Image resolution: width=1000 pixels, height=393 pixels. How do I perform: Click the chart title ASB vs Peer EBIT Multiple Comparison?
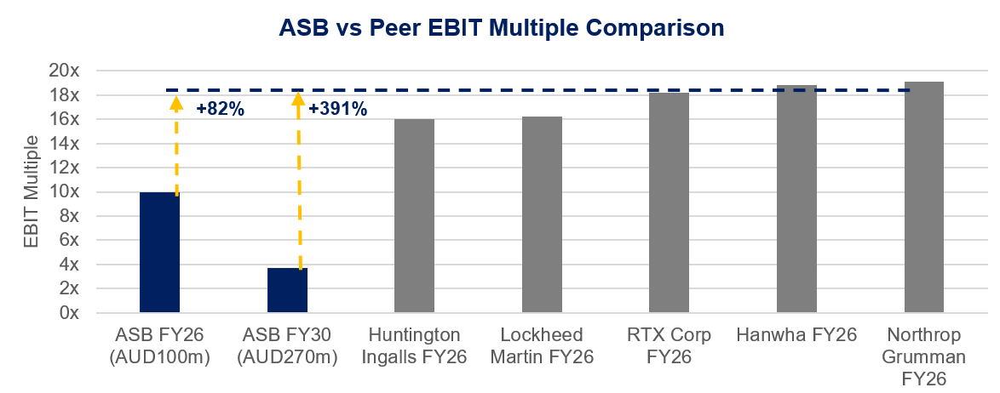502,29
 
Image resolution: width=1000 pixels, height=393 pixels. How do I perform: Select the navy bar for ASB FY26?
159,253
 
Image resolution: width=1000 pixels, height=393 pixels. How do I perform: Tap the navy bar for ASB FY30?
287,290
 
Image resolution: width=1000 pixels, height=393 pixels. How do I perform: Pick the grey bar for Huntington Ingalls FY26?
414,216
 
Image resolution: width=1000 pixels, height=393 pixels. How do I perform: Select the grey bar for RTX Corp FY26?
669,202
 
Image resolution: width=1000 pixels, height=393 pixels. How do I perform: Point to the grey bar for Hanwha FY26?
796,199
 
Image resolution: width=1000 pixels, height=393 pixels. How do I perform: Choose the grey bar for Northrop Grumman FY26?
924,197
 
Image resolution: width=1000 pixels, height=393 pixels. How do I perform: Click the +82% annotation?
220,109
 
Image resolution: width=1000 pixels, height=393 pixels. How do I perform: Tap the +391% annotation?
337,109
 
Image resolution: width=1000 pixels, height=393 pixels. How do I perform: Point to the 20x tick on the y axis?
65,71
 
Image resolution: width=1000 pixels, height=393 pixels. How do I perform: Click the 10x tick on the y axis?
65,192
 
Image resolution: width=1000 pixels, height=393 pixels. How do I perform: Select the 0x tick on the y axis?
69,313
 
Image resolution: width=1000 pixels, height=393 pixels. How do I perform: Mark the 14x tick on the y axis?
65,144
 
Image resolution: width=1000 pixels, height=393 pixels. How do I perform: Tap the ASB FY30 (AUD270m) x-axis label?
287,345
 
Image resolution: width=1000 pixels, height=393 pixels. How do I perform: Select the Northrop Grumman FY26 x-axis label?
924,356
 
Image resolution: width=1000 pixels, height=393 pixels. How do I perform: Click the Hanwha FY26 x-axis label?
796,335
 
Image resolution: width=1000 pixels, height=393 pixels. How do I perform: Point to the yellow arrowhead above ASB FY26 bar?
176,104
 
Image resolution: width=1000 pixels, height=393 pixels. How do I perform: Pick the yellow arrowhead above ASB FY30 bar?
298,100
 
